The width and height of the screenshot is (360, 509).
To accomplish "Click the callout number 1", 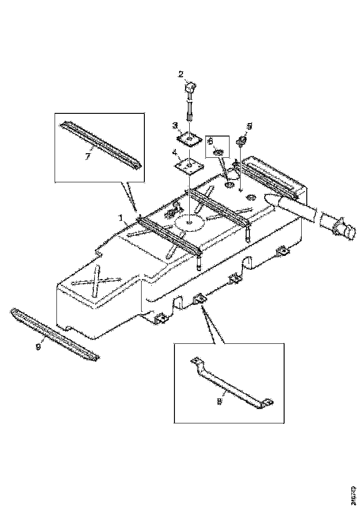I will click(x=121, y=216).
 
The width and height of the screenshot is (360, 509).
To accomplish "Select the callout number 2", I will click(x=181, y=74).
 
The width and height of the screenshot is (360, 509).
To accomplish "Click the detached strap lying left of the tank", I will click(x=55, y=335).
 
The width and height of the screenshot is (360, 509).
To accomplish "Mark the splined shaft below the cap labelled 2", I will click(x=190, y=111).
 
